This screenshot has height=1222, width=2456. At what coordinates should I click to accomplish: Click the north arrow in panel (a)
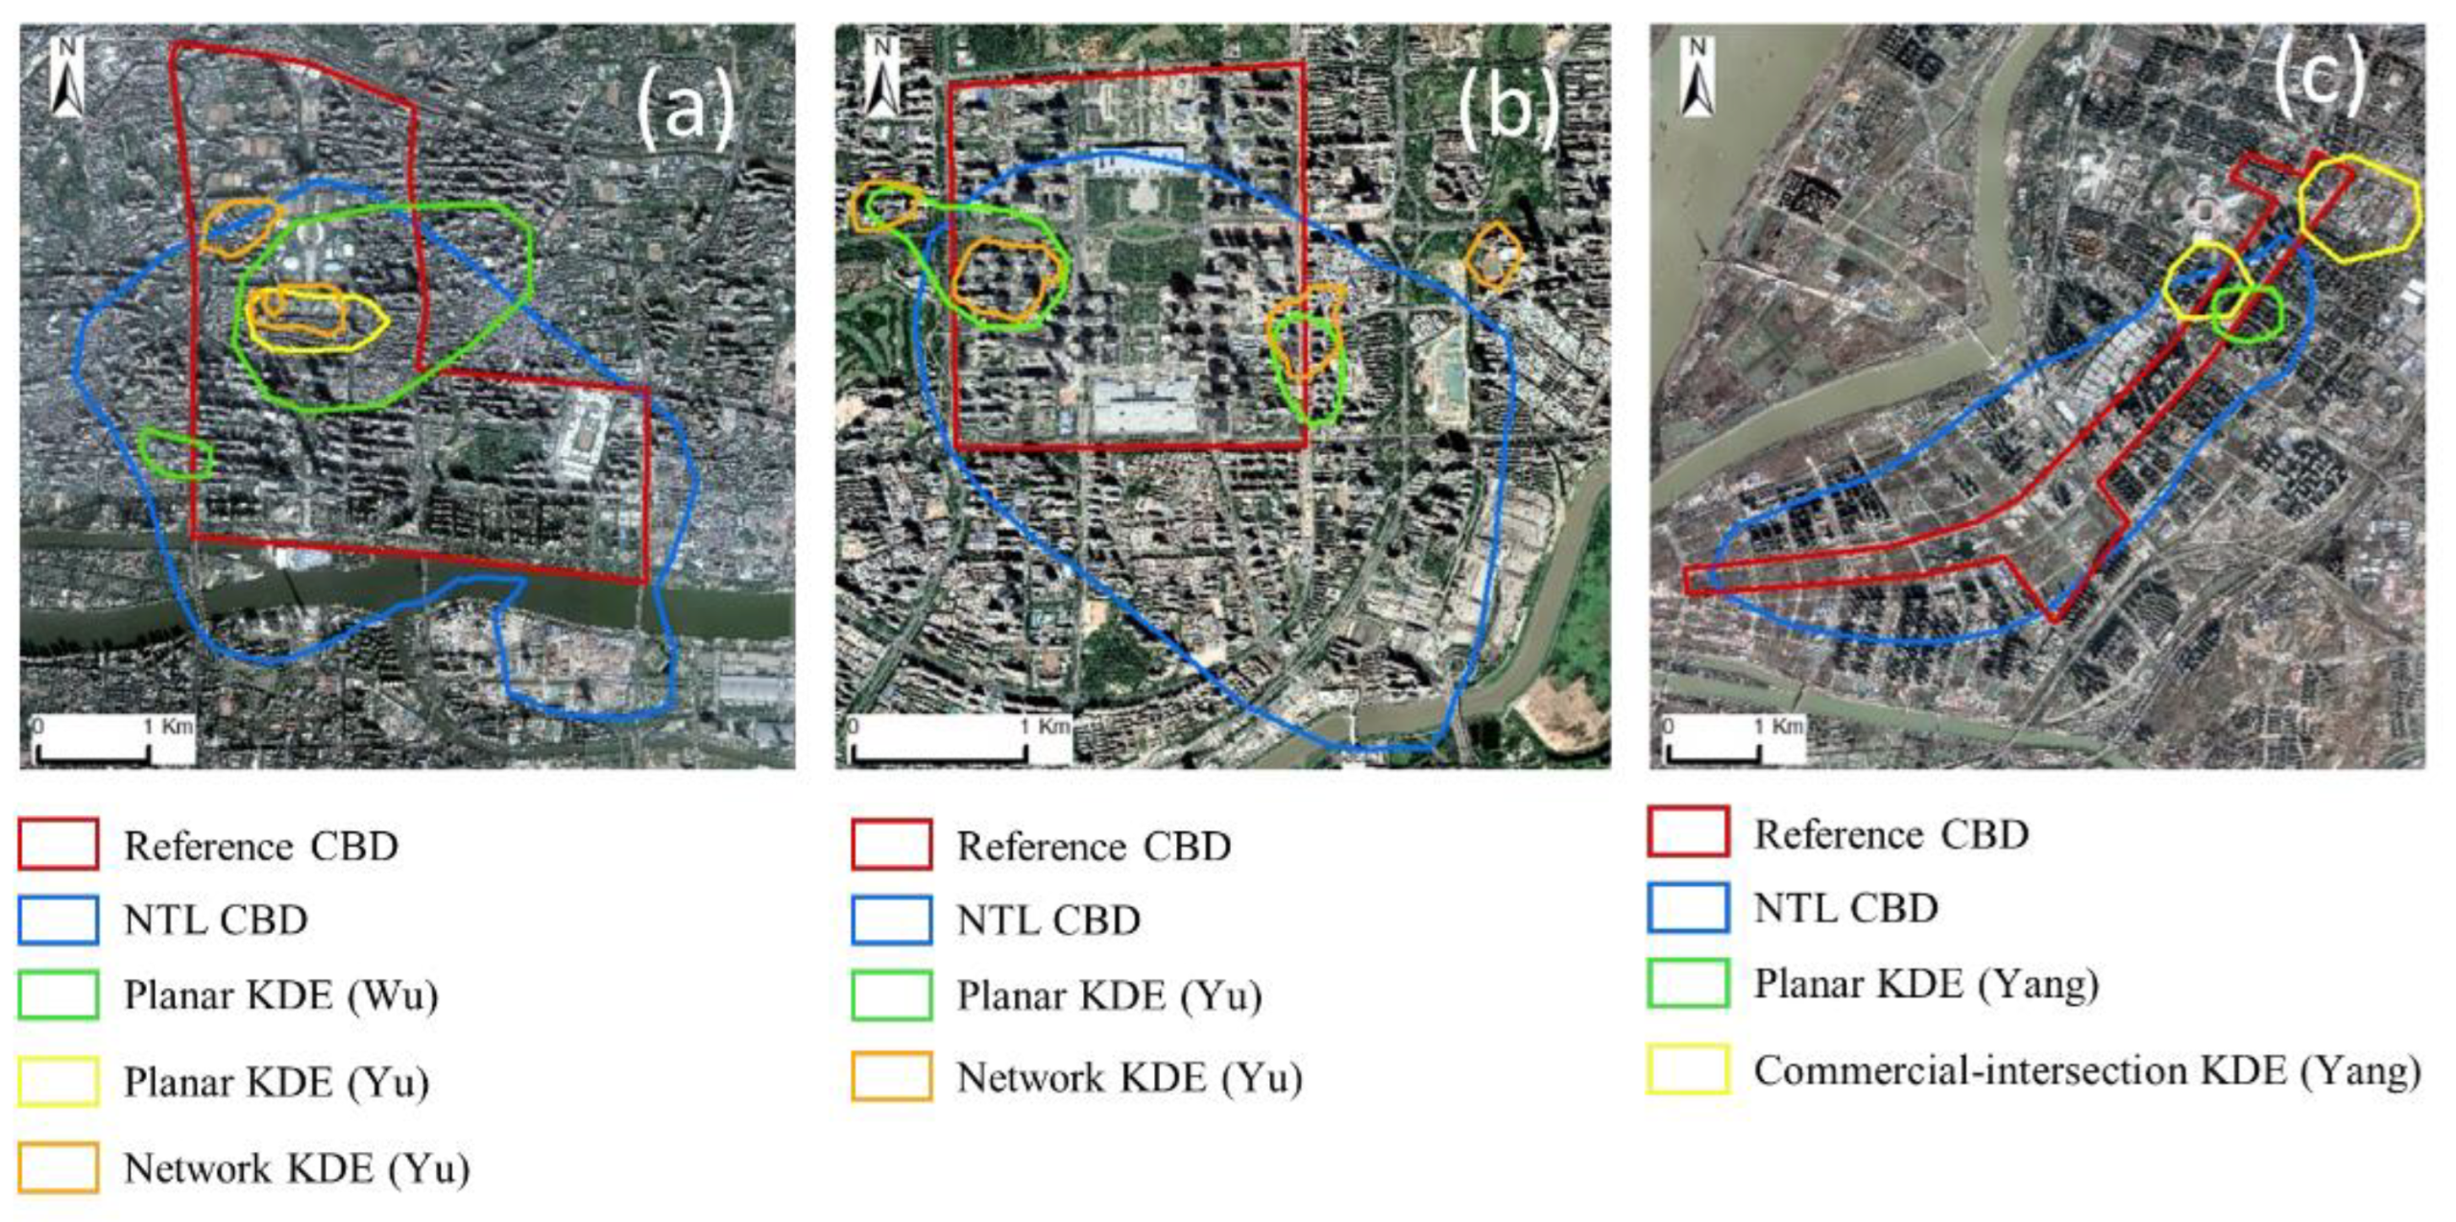66,77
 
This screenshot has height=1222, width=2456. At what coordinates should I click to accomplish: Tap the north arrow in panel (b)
880,77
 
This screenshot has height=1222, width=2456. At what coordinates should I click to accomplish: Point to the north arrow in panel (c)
1697,77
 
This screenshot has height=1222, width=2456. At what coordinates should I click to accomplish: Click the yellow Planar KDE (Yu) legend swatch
58,1082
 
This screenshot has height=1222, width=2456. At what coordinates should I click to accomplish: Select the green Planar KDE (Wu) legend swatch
58,994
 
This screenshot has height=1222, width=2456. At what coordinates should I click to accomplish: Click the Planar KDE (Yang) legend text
1925,984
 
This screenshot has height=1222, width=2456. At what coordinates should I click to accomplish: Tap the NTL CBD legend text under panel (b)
1048,921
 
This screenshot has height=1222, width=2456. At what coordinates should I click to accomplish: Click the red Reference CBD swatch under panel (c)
1688,832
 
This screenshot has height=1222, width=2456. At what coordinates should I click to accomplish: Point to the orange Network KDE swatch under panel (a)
58,1168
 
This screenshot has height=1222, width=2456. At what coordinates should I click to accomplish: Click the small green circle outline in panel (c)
2248,313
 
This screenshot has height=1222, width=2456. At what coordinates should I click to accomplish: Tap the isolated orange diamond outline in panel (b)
1493,255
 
